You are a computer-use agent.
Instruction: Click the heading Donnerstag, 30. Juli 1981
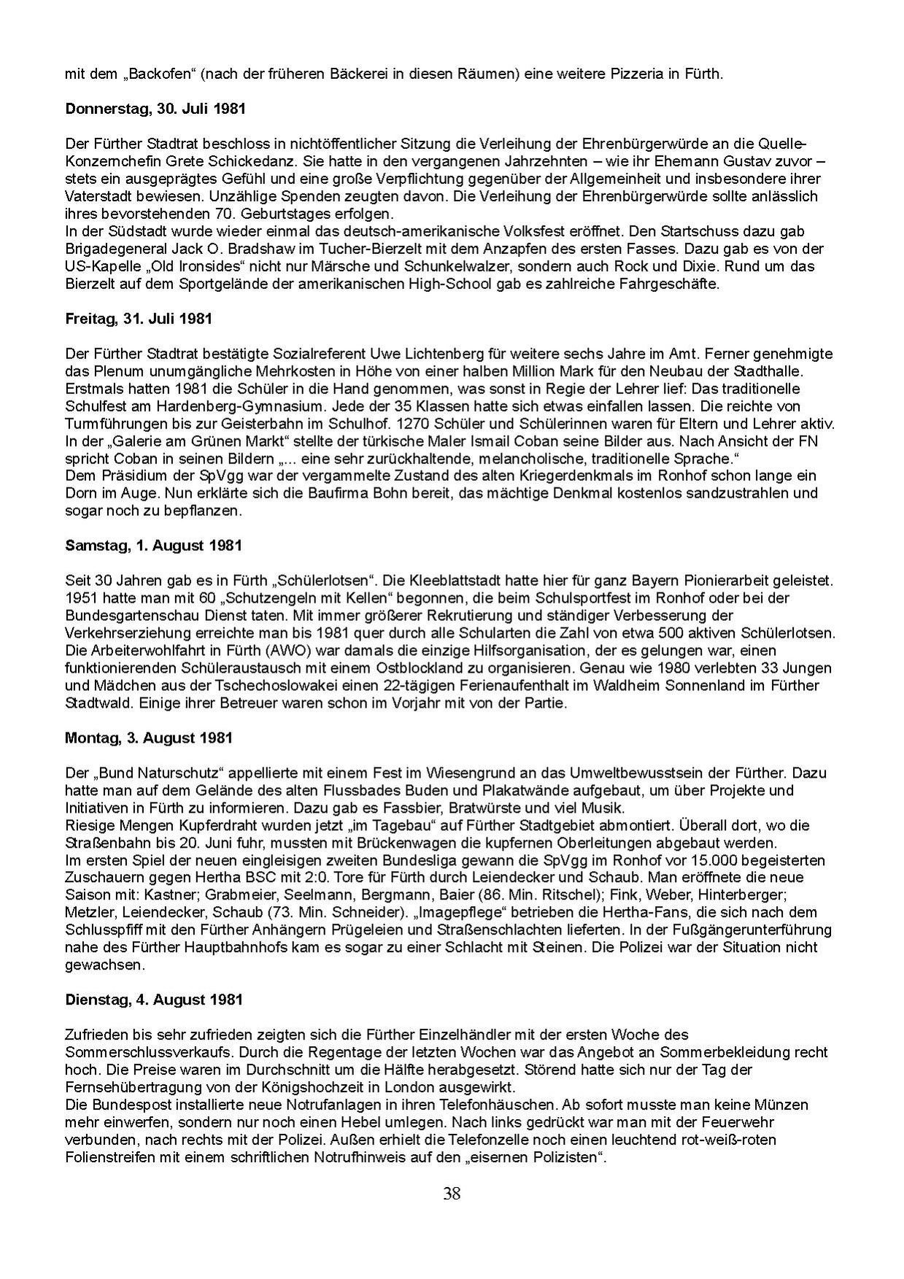pos(155,109)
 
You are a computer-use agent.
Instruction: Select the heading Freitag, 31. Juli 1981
pos(139,319)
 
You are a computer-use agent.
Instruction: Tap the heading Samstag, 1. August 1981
pos(153,546)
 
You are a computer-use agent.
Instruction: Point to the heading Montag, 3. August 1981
pos(149,738)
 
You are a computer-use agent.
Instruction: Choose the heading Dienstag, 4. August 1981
pos(153,1000)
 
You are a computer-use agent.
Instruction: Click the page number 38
pos(452,1194)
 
